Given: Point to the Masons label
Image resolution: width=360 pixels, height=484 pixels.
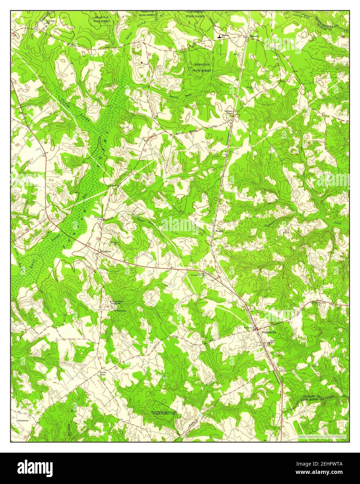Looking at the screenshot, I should click(219, 231).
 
